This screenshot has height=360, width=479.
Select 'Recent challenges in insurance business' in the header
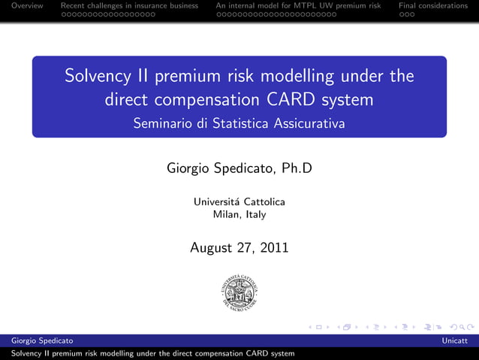pos(129,5)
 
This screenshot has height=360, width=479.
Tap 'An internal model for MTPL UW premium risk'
pos(299,5)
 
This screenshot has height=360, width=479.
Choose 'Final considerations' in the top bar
pos(433,5)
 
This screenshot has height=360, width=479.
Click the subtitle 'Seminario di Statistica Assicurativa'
pos(239,123)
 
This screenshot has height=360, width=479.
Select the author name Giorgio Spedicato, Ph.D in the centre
pos(239,168)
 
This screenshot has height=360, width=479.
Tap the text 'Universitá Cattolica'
pos(239,201)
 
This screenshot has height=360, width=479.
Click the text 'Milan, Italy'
pos(239,214)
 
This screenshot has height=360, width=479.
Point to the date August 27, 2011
pos(239,247)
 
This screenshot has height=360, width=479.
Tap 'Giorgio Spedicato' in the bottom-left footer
pos(37,341)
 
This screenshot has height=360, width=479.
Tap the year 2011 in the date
pos(273,247)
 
